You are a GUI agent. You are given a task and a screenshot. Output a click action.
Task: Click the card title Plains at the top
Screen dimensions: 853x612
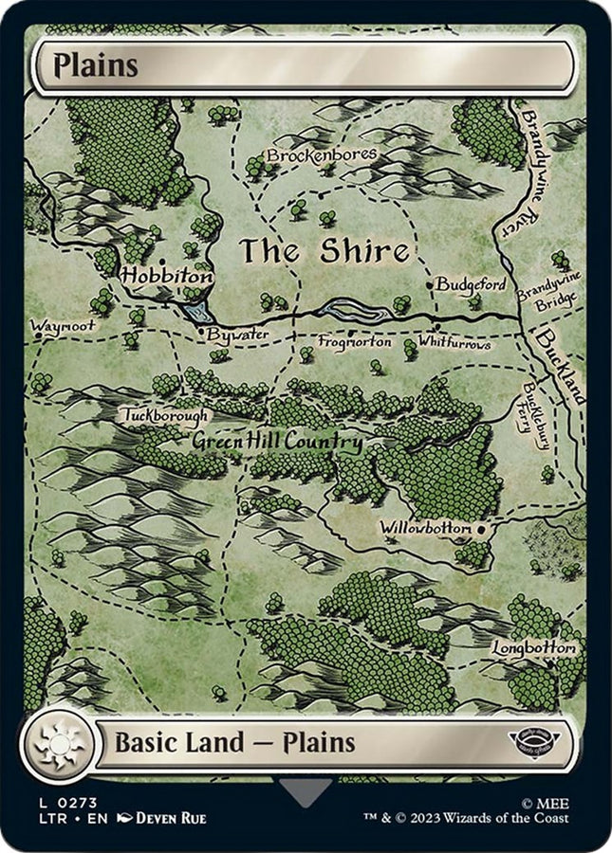[x=96, y=66]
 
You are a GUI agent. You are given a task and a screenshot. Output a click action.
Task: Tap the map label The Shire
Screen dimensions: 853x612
[x=324, y=251]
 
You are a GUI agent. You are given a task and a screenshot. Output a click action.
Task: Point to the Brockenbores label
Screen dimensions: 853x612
[x=321, y=154]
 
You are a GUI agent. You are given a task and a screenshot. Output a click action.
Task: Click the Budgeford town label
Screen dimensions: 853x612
[x=471, y=284]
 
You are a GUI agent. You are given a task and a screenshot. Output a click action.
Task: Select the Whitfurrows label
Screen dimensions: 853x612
[x=454, y=343]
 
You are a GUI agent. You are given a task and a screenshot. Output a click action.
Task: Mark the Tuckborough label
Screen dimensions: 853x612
[x=163, y=414]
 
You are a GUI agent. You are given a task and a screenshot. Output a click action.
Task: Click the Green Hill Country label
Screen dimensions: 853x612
[x=276, y=442]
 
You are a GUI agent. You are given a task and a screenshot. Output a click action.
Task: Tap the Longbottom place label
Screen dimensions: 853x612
[x=533, y=647]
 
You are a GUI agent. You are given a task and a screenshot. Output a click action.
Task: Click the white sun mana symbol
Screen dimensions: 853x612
[x=59, y=742]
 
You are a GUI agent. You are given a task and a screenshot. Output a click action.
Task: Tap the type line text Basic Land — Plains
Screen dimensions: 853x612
[x=234, y=742]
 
